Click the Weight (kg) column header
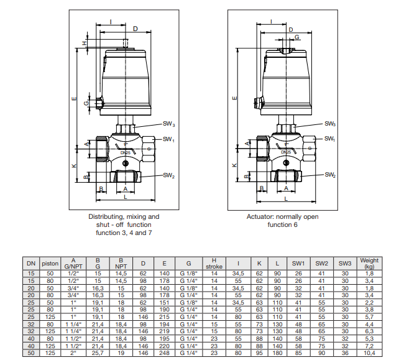point(369,263)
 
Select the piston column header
point(50,263)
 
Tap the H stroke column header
point(214,263)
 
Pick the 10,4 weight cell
point(369,353)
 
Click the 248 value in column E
point(164,353)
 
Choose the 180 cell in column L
point(277,353)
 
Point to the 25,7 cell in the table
point(98,353)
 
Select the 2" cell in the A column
point(73,353)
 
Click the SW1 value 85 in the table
point(298,353)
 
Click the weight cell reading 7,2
point(369,345)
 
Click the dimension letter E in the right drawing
point(234,98)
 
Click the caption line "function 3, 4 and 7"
point(124,232)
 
